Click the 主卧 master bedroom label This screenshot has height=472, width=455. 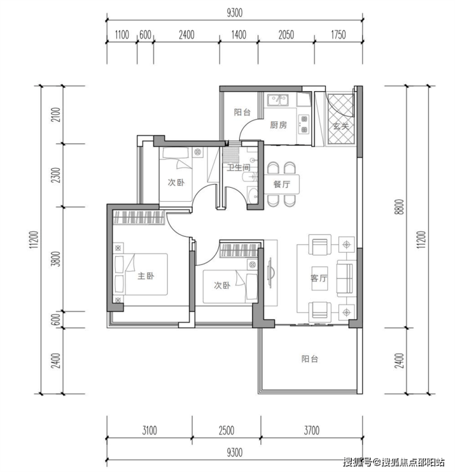coord(146,276)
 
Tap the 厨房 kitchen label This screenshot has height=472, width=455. coord(278,125)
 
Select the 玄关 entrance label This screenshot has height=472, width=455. coord(341,126)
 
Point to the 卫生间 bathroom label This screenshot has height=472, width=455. coord(239,167)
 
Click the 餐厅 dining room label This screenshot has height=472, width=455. coord(282,184)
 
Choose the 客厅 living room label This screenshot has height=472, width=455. coord(318,278)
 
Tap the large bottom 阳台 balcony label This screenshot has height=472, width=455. coord(310,359)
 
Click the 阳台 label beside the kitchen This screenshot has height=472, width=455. coord(242,112)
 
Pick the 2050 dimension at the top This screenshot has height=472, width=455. coord(286,35)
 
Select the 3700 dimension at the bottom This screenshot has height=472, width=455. coord(312,430)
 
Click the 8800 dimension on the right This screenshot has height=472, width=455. coord(400,207)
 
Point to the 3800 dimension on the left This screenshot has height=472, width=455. coord(56,259)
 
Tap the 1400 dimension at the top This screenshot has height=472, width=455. coord(239,35)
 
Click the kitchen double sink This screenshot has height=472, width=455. coord(278,100)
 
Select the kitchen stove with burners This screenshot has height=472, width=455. coord(304,124)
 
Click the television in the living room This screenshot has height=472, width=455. coord(270,273)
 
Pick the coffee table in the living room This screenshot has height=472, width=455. coord(320,278)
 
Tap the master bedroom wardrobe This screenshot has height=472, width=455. coord(139,217)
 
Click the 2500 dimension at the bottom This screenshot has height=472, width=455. coord(226,430)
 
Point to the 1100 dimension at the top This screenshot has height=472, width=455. coord(122,35)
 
